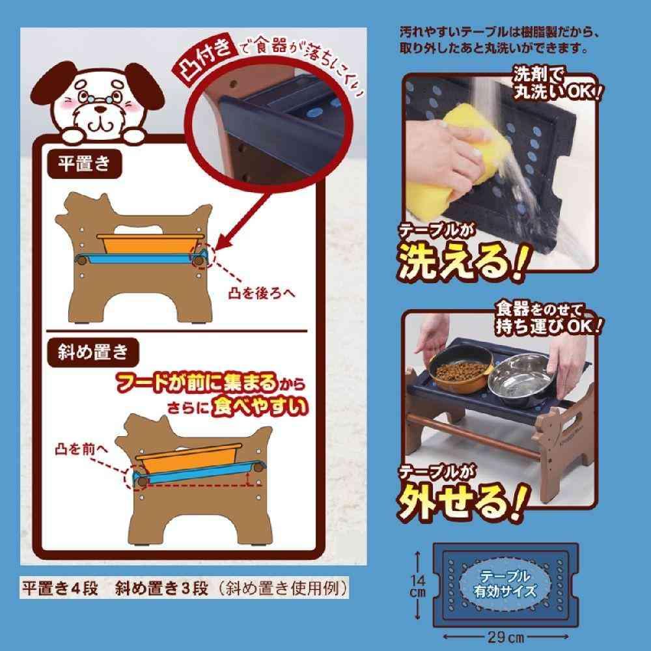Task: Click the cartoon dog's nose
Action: pyautogui.click(x=100, y=109)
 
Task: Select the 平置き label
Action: pyautogui.click(x=84, y=164)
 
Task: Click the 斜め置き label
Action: pyautogui.click(x=93, y=352)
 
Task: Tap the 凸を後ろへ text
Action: pyautogui.click(x=262, y=293)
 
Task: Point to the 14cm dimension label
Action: pyautogui.click(x=417, y=585)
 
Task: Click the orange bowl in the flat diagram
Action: pyautogui.click(x=150, y=244)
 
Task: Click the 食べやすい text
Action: pyautogui.click(x=260, y=407)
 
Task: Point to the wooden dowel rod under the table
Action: pyautogui.click(x=474, y=436)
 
